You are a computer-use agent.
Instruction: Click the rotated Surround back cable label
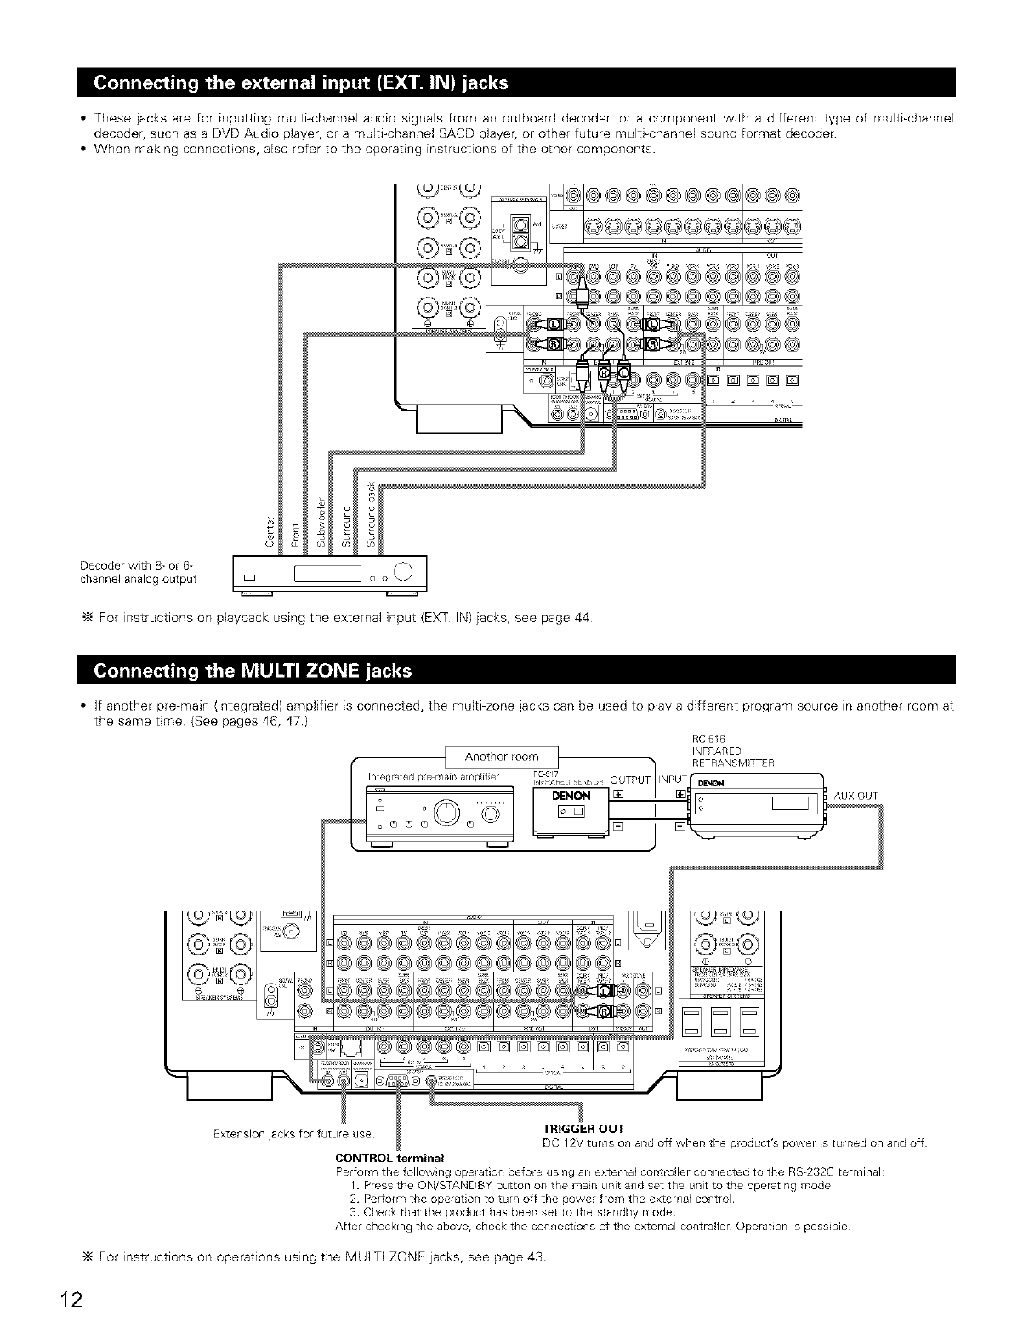[369, 513]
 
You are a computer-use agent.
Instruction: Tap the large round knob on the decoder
[403, 571]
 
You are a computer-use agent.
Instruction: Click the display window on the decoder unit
[327, 575]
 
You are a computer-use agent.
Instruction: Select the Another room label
[502, 757]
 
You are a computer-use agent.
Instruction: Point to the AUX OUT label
[856, 796]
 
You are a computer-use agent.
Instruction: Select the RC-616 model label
[708, 739]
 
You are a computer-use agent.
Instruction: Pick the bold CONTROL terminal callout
[384, 1158]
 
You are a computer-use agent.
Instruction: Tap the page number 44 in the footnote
[582, 616]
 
